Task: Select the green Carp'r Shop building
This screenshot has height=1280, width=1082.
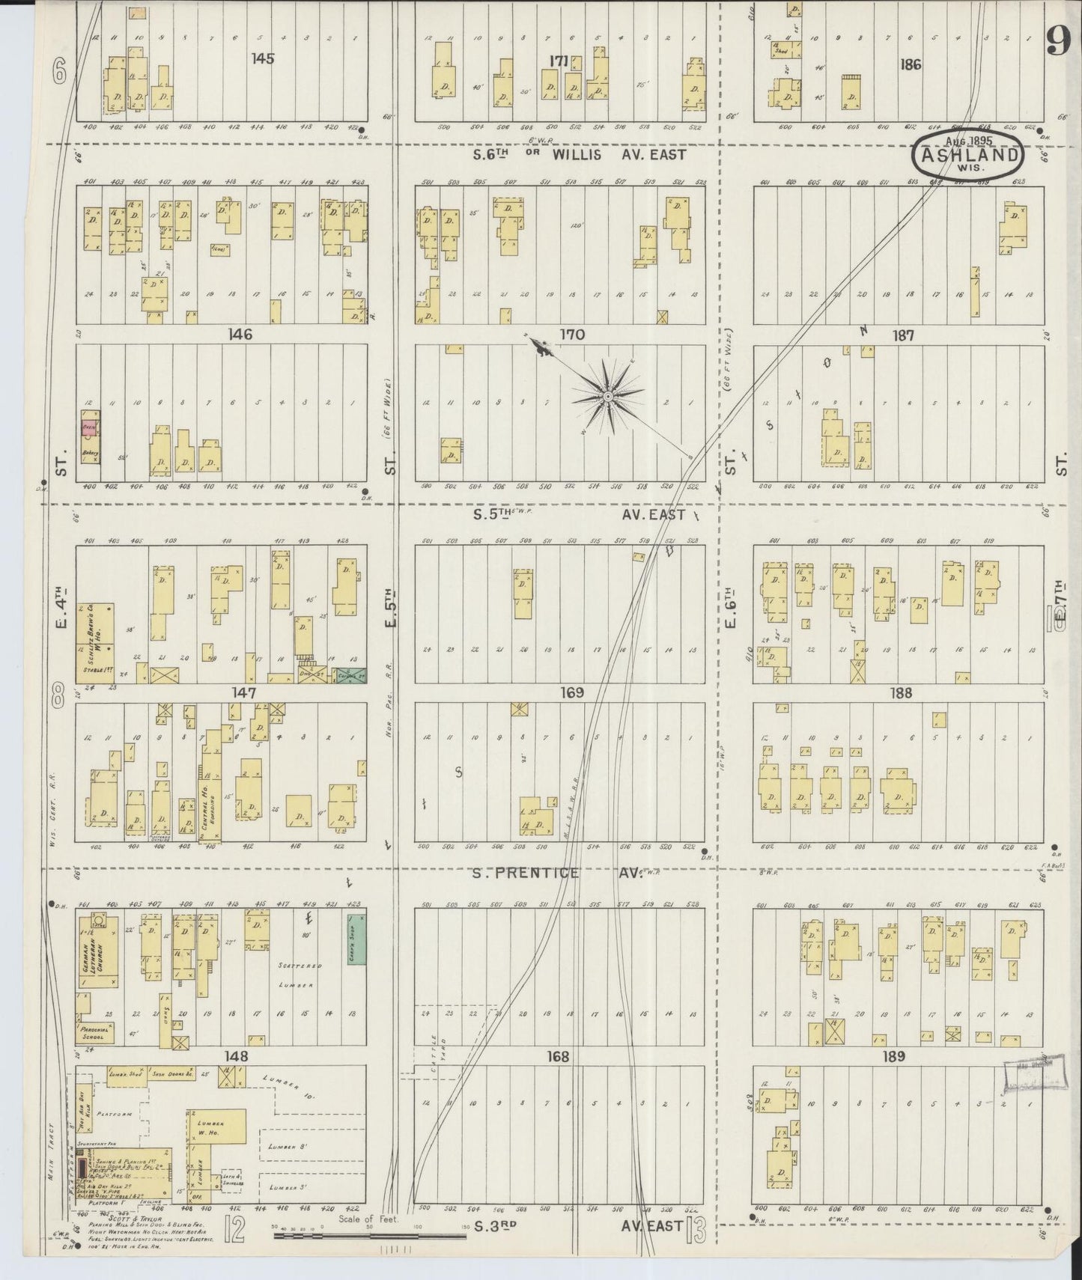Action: click(x=354, y=939)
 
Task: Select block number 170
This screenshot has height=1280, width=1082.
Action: click(x=572, y=335)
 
